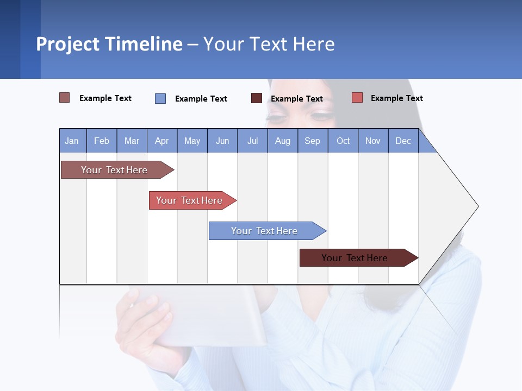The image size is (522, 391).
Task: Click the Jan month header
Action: pyautogui.click(x=72, y=141)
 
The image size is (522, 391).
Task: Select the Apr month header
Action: pyautogui.click(x=162, y=141)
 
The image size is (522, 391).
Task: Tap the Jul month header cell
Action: pyautogui.click(x=252, y=141)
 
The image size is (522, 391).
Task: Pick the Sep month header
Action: pyautogui.click(x=313, y=141)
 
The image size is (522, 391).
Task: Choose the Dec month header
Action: pyautogui.click(x=403, y=141)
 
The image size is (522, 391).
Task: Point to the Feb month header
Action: pyautogui.click(x=102, y=141)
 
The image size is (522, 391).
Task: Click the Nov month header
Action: pyautogui.click(x=373, y=141)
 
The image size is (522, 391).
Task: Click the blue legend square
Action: pyautogui.click(x=160, y=98)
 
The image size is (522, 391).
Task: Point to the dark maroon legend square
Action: pyautogui.click(x=257, y=98)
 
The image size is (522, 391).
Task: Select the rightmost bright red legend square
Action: pyautogui.click(x=357, y=98)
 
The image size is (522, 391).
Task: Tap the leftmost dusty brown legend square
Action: pyautogui.click(x=65, y=98)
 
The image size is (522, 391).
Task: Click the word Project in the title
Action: pyautogui.click(x=68, y=44)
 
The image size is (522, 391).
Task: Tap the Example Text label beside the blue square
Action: pyautogui.click(x=201, y=98)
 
